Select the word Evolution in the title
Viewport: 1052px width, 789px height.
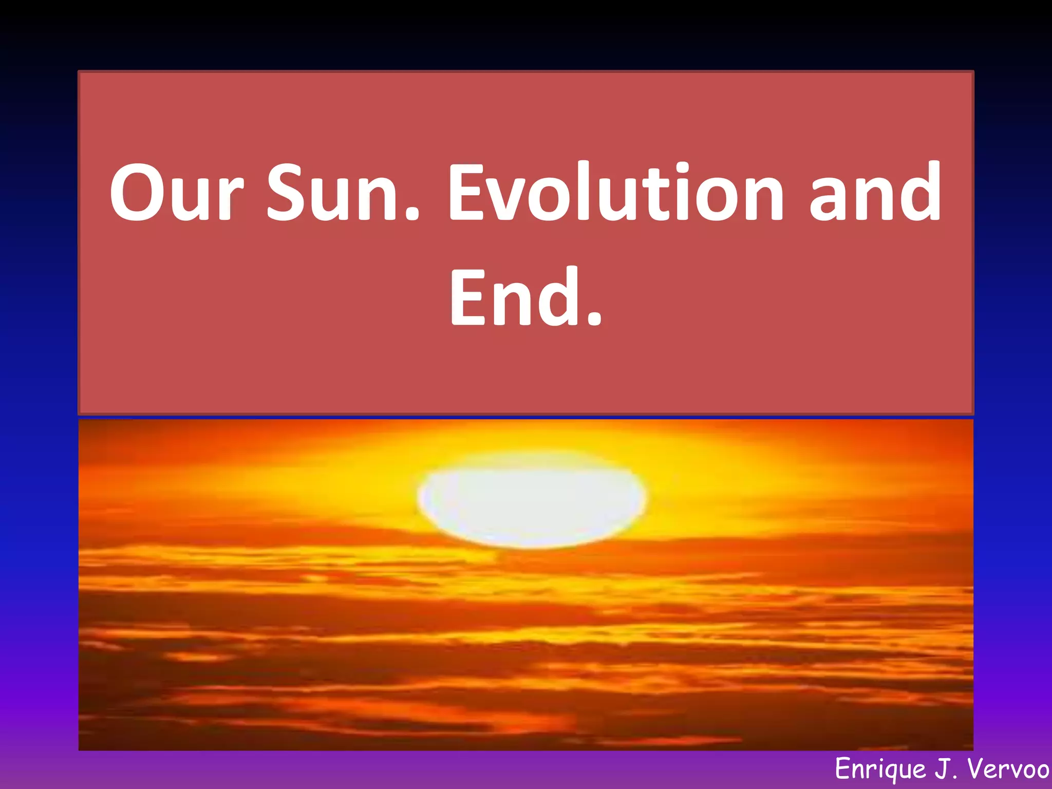coord(616,193)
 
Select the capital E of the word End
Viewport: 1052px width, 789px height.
coord(467,298)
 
